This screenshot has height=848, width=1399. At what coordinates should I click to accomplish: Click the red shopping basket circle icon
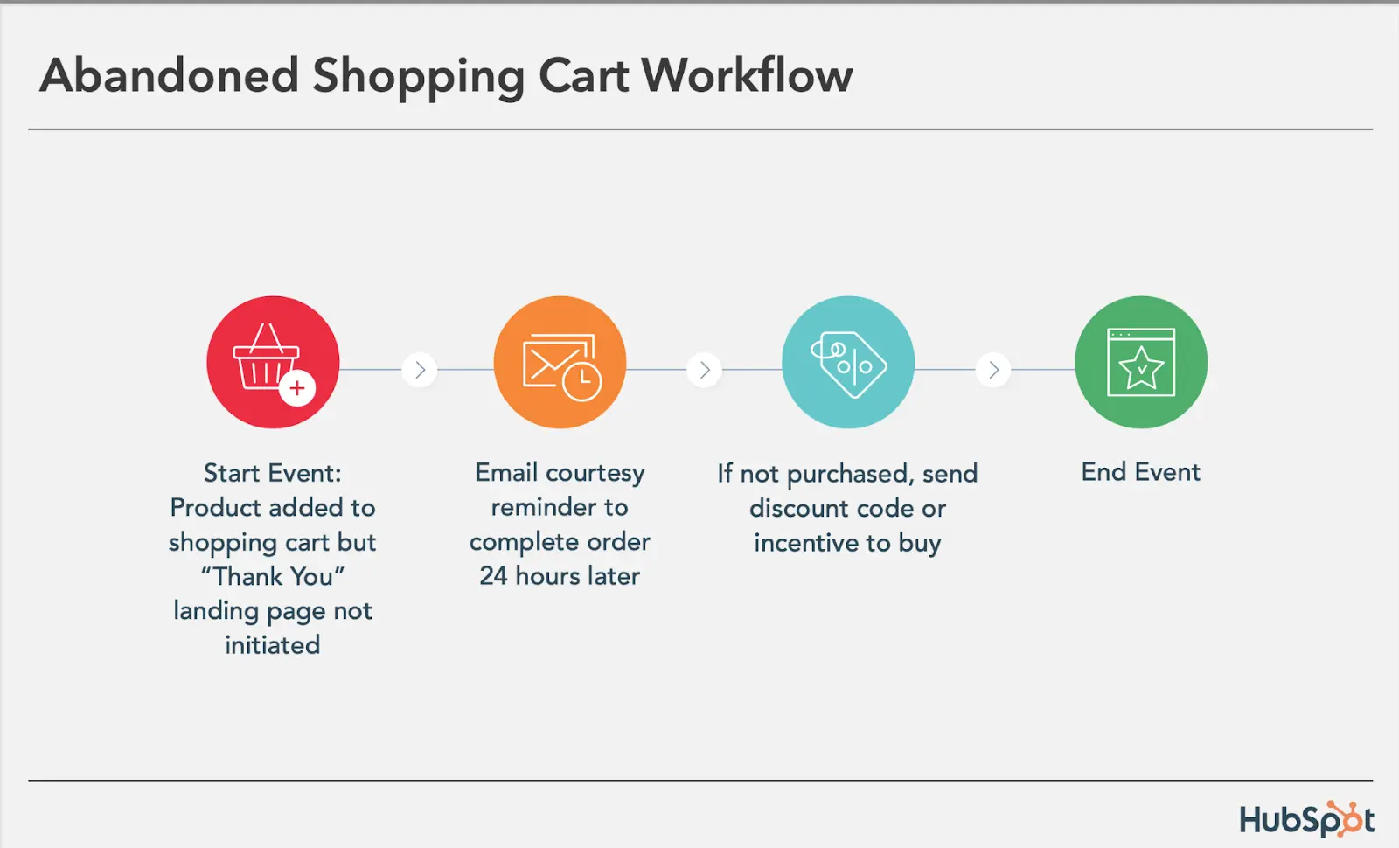coord(273,362)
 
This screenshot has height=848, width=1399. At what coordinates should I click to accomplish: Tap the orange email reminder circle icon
coord(560,362)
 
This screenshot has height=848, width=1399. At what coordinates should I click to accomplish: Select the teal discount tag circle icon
coord(848,362)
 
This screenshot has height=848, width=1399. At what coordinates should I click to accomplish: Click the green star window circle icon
coord(1141,362)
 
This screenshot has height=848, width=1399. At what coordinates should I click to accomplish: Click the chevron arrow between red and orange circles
coord(420,370)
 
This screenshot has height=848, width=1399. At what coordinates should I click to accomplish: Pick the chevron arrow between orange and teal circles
coord(705,370)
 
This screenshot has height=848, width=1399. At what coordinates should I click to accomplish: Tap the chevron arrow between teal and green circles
coord(993,370)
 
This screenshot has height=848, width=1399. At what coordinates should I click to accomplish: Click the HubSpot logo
coord(1306,820)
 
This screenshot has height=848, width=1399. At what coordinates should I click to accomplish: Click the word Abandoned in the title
coord(170,75)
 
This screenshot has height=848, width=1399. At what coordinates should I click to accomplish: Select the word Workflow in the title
coord(747,75)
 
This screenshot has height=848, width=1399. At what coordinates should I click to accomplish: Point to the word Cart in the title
coord(583,75)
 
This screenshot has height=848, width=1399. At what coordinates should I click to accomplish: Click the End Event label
coord(1140,472)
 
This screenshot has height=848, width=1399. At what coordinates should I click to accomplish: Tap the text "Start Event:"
coord(273,473)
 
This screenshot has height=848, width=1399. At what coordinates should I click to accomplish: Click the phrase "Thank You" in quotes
coord(273,577)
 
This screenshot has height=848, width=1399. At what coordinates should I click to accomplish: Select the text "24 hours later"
coord(560,576)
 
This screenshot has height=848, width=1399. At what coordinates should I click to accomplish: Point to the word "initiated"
coord(273,645)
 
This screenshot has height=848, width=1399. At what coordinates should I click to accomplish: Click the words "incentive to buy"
coord(847,543)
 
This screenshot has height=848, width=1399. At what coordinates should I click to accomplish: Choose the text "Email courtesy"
coord(560,473)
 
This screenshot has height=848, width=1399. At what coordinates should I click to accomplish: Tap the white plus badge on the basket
coord(297,388)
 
